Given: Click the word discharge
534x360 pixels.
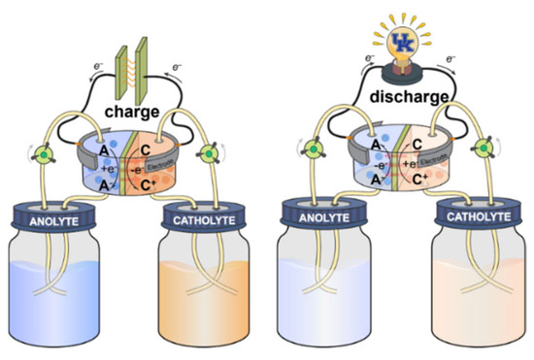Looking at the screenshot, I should (x=401, y=97).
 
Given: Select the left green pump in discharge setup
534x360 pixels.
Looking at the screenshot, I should (x=315, y=151).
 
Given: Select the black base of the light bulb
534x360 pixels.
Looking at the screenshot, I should (x=402, y=70).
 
